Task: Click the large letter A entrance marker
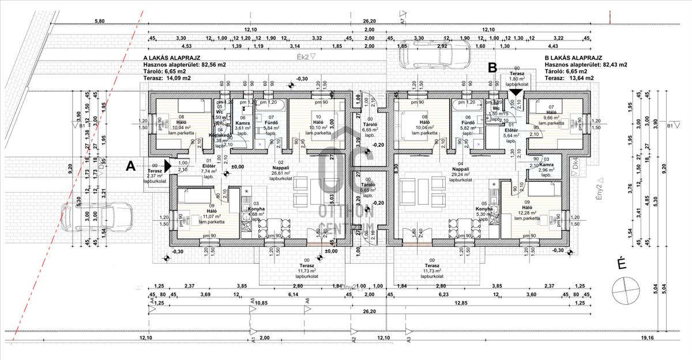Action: coord(131,166)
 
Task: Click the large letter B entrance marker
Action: coord(492,67)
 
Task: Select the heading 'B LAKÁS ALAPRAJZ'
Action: coord(573,58)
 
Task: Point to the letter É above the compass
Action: coord(622,264)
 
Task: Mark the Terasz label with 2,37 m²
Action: coord(155,172)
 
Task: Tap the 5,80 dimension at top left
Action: coord(100,21)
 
